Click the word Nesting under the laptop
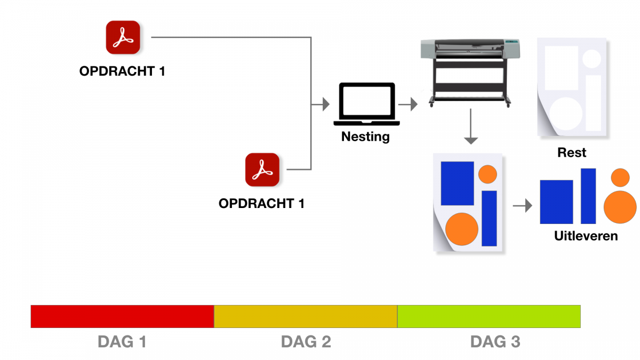[x=365, y=137]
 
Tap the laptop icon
[x=366, y=104]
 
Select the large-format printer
[x=470, y=73]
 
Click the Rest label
[x=572, y=153]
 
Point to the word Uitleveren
[x=586, y=236]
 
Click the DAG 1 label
[x=122, y=342]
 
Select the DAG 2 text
[x=306, y=342]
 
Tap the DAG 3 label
[x=495, y=342]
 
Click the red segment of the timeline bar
[x=122, y=317]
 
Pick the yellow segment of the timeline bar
[x=306, y=317]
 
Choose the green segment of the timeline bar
[x=489, y=317]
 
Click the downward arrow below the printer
[x=470, y=126]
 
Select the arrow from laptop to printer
[x=407, y=105]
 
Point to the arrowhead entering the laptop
[x=326, y=105]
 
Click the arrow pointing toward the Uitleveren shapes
[x=522, y=206]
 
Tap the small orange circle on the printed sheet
[x=487, y=174]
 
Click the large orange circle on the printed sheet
[x=462, y=229]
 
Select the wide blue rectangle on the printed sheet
[x=458, y=183]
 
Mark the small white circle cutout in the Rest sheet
[x=591, y=59]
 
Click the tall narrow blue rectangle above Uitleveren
[x=588, y=196]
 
